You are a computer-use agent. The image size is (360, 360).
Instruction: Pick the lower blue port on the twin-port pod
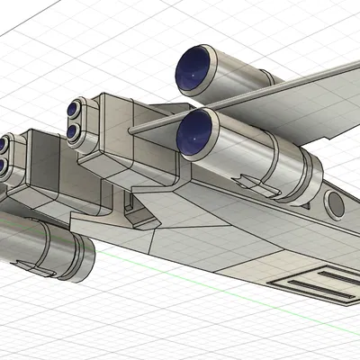pyautogui.click(x=71, y=132)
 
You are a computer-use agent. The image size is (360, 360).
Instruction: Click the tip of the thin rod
pyautogui.click(x=131, y=130)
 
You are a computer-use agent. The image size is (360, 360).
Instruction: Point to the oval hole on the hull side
pyautogui.click(x=335, y=204)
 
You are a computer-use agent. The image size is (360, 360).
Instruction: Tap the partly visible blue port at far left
pyautogui.click(x=4, y=144)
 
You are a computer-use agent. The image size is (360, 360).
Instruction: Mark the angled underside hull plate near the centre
pyautogui.click(x=207, y=238)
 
